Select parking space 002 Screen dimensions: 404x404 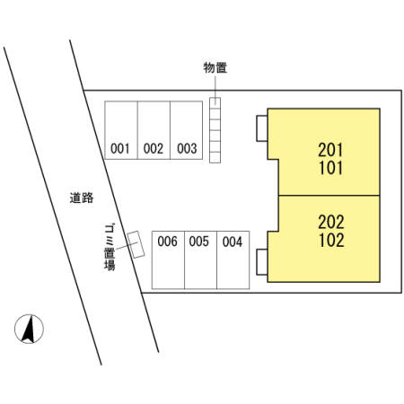pos(154,130)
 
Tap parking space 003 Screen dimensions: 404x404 pos(186,130)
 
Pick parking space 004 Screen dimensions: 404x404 pos(233,260)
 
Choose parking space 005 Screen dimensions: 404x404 pos(200,260)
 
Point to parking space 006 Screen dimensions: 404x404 pos(168,260)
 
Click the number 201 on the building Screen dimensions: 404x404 pos(330,150)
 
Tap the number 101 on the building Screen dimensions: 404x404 pos(330,168)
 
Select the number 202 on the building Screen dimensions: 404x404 pos(331,222)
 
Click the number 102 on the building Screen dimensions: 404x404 pos(331,240)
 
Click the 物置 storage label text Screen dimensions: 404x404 pos(215,67)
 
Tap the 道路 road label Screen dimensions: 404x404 pos(82,198)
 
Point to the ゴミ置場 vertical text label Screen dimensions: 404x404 pos(110,247)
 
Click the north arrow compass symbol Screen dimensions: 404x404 pos(29,329)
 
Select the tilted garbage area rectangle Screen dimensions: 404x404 pos(136,244)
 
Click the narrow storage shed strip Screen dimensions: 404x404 pos(215,130)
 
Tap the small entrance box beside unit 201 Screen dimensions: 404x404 pos(262,128)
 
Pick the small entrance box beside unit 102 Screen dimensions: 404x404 pos(262,262)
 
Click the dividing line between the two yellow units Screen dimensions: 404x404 pos(329,196)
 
